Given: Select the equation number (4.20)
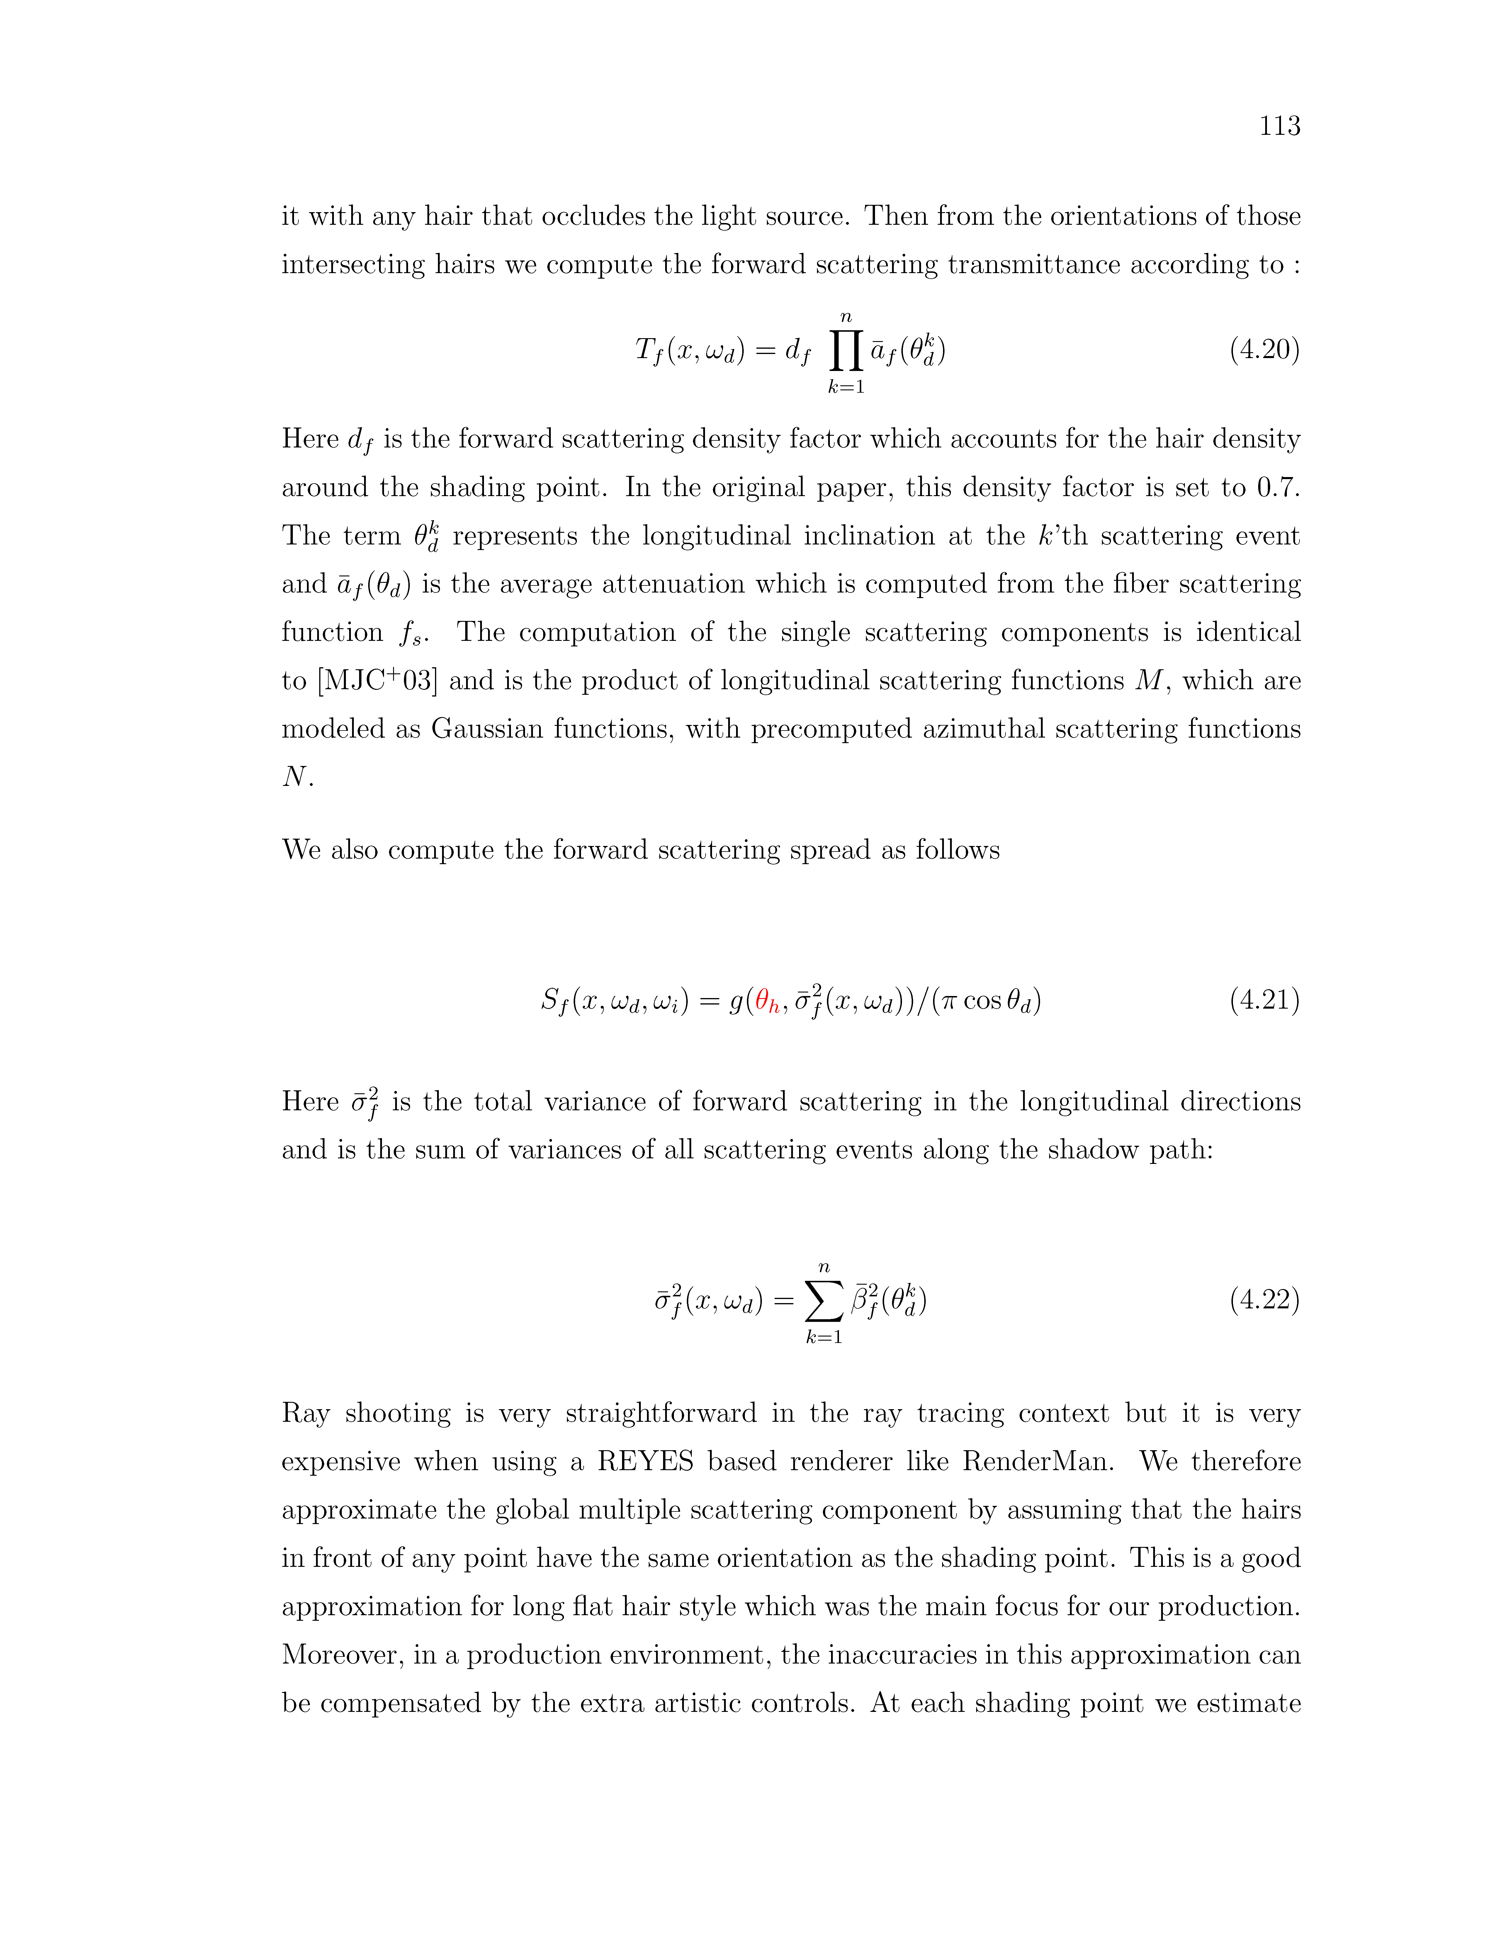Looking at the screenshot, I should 1264,350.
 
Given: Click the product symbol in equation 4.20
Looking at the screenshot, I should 846,352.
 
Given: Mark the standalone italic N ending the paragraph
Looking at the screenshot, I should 294,777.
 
